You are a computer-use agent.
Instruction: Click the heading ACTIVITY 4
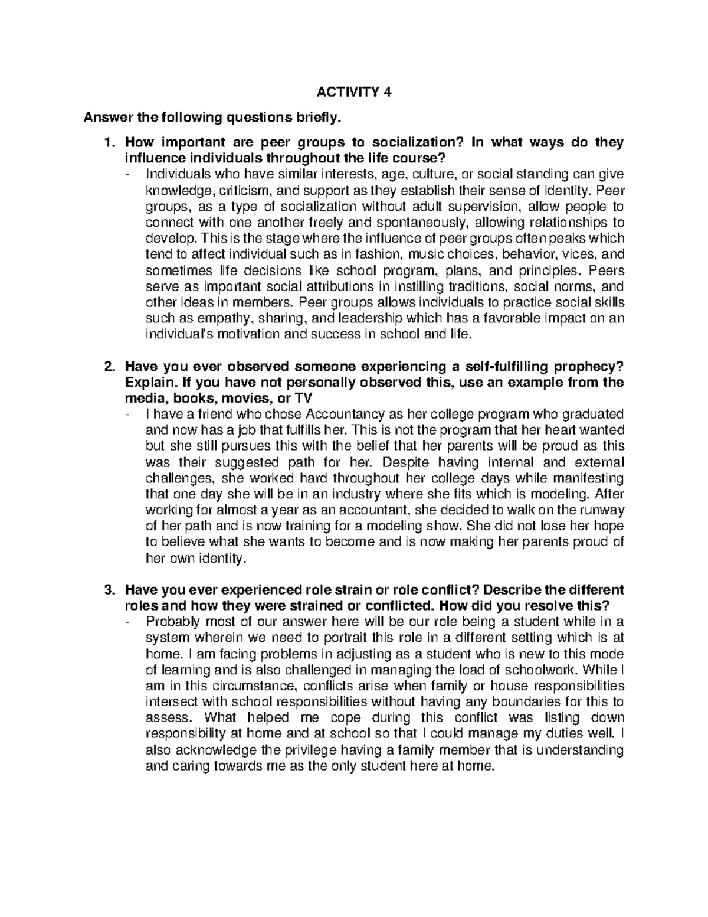tap(354, 92)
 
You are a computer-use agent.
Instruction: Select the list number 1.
tap(107, 143)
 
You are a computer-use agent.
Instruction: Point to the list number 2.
tap(107, 367)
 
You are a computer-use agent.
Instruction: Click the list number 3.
tap(107, 590)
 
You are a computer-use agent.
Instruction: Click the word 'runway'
tap(603, 510)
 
